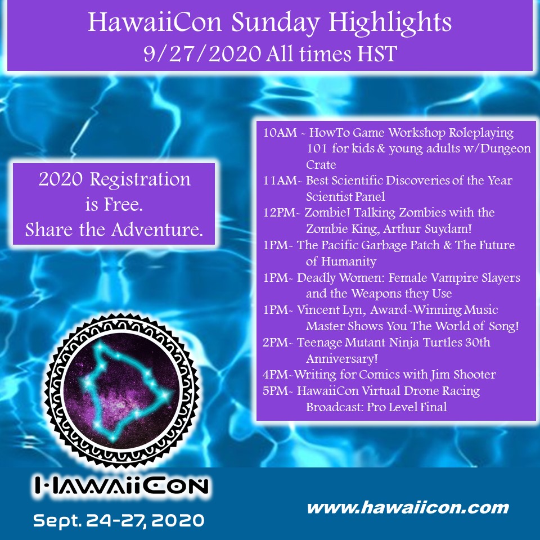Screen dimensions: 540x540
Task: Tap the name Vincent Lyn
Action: point(332,310)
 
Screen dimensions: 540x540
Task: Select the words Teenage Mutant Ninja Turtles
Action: point(376,342)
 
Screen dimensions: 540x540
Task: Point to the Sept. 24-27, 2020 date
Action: point(118,520)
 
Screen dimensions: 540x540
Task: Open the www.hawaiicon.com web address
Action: point(407,508)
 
